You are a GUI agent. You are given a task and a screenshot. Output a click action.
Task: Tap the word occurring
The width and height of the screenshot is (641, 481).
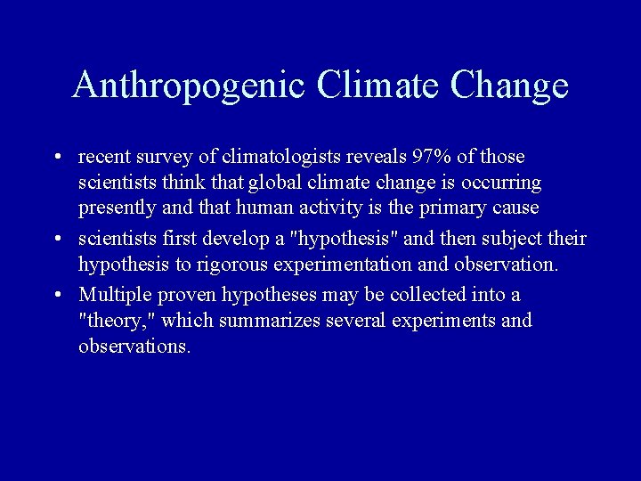[x=500, y=183]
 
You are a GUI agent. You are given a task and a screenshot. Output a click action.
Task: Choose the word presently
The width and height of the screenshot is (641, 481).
[x=115, y=208]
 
